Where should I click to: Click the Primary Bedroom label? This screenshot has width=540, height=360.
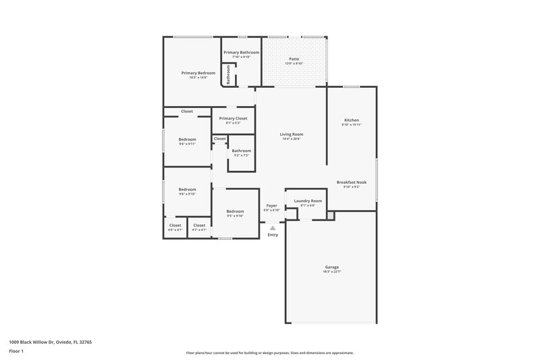(x=198, y=72)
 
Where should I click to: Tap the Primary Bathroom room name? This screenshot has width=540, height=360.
(x=241, y=52)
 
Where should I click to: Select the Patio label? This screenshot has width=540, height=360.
(x=294, y=59)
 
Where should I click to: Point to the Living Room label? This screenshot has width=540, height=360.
(x=292, y=134)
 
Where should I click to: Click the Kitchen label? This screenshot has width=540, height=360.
(x=351, y=120)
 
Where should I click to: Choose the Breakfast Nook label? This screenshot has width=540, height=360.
(x=352, y=182)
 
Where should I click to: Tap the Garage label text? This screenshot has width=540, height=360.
(x=331, y=267)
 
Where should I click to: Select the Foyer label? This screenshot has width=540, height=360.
(x=271, y=205)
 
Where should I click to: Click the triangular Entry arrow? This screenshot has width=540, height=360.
(x=273, y=228)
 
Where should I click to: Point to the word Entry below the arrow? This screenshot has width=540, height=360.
(x=273, y=235)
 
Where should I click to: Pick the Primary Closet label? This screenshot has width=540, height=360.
(x=233, y=118)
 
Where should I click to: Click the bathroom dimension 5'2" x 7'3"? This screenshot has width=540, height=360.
(x=242, y=155)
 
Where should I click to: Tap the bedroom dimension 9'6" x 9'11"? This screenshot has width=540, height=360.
(x=187, y=144)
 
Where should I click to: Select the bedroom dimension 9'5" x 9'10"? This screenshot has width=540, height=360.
(x=235, y=216)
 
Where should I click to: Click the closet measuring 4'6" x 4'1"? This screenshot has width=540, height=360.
(x=175, y=230)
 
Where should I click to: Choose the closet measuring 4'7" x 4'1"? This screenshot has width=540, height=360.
(x=199, y=230)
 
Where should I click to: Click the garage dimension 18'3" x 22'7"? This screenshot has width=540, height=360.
(x=331, y=272)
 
